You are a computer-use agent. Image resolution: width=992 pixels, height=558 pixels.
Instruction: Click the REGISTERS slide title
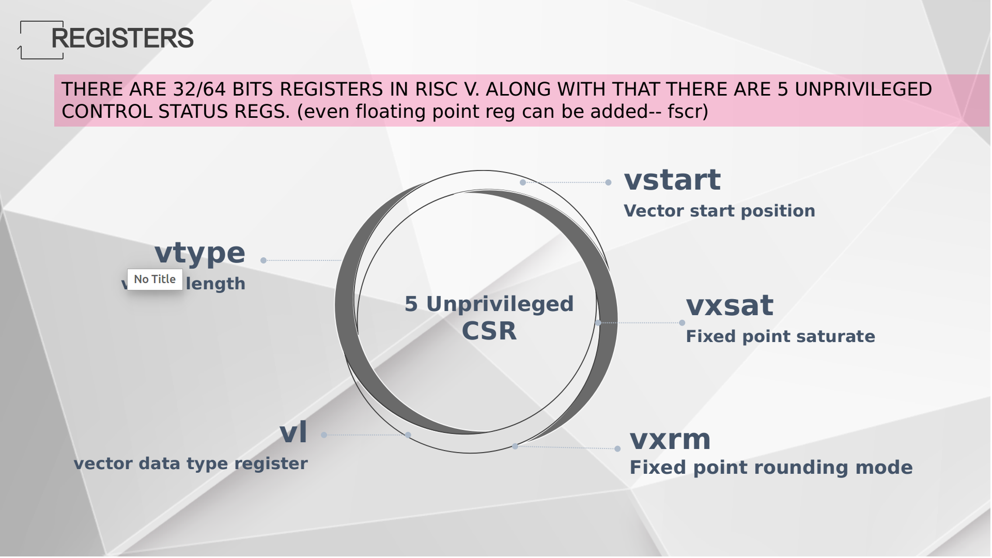(x=122, y=38)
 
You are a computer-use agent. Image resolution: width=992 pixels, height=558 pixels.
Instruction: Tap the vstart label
(x=672, y=180)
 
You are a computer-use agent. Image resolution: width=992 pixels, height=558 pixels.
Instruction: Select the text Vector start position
(x=719, y=211)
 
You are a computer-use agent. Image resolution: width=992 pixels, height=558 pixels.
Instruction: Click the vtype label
(x=200, y=254)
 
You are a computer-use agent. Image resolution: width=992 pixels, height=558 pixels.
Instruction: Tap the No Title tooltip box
(x=154, y=279)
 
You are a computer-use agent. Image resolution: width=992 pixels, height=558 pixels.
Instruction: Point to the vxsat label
(x=730, y=305)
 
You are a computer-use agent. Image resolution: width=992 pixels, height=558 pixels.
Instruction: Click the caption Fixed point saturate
(x=780, y=336)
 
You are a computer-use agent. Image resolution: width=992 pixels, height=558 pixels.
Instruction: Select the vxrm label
(x=670, y=440)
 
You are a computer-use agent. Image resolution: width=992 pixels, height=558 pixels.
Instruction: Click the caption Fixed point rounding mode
(x=771, y=468)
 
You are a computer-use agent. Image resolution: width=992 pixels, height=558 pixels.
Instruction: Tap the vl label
(x=293, y=432)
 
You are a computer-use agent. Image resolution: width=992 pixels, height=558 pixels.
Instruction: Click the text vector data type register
(x=191, y=463)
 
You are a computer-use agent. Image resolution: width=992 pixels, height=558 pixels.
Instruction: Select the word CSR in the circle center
(x=489, y=331)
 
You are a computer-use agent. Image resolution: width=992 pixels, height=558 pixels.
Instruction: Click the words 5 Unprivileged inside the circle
(x=489, y=304)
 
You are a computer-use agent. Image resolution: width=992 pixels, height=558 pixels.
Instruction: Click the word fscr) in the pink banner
(x=687, y=112)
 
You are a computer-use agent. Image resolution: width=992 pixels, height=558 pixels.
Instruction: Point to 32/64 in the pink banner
(x=199, y=89)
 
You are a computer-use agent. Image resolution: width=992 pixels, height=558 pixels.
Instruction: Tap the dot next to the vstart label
(x=608, y=182)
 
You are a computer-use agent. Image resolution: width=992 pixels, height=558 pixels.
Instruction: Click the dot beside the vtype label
(x=263, y=260)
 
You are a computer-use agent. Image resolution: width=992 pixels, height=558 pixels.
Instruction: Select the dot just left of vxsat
(x=682, y=323)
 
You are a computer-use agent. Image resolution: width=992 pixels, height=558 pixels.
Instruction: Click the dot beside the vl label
(x=324, y=435)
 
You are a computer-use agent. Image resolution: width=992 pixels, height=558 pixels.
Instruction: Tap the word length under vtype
(x=215, y=284)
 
